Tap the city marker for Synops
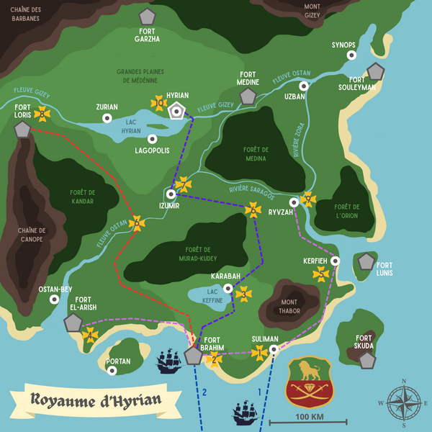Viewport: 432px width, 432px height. [343, 57]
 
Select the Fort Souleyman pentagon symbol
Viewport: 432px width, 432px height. [375, 71]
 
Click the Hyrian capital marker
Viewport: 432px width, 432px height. [176, 111]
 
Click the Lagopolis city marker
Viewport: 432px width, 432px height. [152, 139]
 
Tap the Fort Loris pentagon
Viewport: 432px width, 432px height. [23, 130]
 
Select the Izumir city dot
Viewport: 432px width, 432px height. [171, 194]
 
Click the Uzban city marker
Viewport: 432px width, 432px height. [304, 86]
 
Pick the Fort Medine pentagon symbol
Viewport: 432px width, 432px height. [248, 96]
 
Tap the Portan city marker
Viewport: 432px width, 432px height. [112, 371]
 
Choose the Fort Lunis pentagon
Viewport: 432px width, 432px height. [366, 261]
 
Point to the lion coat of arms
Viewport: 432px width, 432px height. [310, 382]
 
